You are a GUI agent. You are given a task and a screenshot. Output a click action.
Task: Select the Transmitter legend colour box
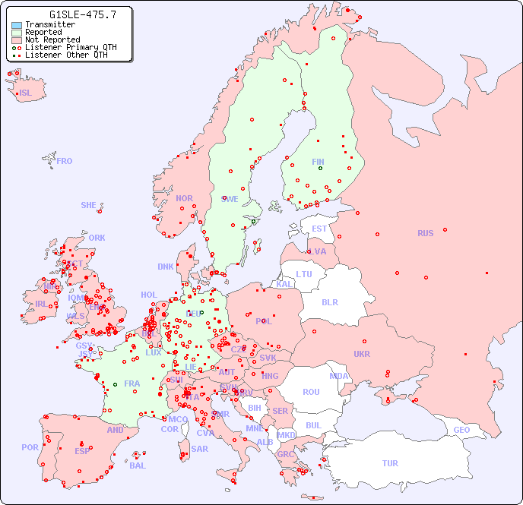17,25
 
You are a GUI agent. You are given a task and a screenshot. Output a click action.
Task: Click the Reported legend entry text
43,33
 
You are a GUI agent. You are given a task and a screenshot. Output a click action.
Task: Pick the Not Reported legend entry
52,40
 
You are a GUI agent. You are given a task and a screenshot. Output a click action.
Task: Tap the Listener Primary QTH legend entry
71,47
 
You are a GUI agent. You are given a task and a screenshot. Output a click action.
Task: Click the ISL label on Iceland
26,93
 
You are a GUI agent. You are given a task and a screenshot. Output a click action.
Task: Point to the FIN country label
318,162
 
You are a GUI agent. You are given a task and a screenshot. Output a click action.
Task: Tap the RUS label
425,233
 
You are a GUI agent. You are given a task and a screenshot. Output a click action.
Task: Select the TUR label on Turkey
390,463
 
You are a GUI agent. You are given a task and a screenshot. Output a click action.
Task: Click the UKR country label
362,354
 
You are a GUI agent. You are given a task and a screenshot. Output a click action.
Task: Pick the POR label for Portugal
30,447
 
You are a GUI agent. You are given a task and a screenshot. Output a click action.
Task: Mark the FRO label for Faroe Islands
65,161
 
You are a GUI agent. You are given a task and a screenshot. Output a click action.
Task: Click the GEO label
461,430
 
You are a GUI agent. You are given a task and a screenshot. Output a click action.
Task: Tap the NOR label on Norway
184,198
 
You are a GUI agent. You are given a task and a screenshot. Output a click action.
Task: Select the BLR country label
330,301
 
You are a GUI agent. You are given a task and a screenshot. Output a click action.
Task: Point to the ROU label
311,392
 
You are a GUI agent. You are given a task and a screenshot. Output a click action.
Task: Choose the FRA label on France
132,383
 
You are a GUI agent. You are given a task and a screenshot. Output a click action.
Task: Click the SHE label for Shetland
89,205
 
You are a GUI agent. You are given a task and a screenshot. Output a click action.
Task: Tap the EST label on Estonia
319,229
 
